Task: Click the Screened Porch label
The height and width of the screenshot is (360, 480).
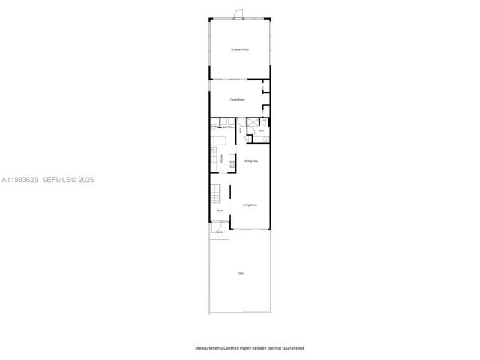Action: pyautogui.click(x=240, y=49)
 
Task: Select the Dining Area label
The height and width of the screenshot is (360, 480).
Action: pyautogui.click(x=251, y=161)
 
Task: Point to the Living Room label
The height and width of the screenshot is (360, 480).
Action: pyautogui.click(x=250, y=204)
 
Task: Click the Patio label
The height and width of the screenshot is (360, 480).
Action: pyautogui.click(x=241, y=273)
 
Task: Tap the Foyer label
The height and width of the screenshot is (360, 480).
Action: pyautogui.click(x=220, y=211)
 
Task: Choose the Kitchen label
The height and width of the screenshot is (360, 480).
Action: pyautogui.click(x=221, y=158)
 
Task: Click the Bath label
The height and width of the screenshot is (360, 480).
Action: pyautogui.click(x=262, y=131)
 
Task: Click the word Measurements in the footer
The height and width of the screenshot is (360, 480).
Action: pyautogui.click(x=211, y=348)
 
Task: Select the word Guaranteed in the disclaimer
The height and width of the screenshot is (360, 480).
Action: pyautogui.click(x=292, y=348)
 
